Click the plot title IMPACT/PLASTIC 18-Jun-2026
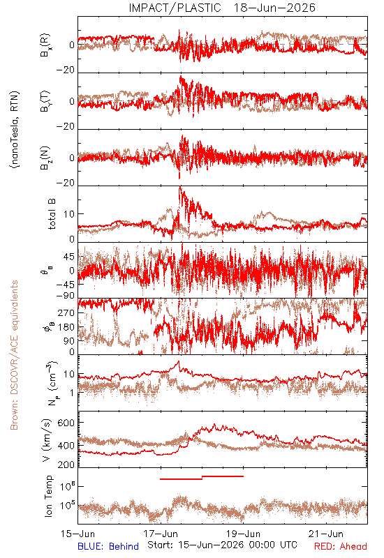click(222, 8)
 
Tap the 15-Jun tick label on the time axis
click(77, 534)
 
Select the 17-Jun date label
click(161, 534)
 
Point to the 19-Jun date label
click(244, 534)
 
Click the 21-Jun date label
click(326, 534)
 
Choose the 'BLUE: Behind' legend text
click(108, 546)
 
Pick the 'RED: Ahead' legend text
click(341, 546)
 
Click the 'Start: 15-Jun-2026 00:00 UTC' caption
click(222, 545)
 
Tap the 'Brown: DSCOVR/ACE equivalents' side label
click(14, 355)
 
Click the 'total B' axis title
click(52, 213)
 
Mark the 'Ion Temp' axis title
click(48, 496)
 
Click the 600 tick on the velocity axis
click(66, 423)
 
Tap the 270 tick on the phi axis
click(66, 312)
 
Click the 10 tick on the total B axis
click(69, 214)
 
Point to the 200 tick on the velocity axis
click(66, 465)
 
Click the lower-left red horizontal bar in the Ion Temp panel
click(182, 479)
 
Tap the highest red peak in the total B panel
click(181, 186)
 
